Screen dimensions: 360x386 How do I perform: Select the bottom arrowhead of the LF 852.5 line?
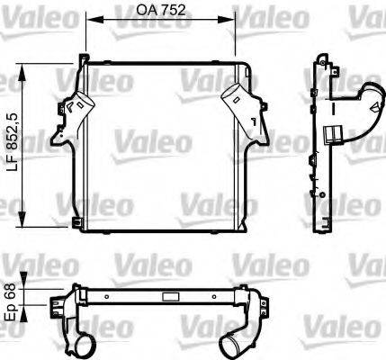pyautogui.click(x=24, y=227)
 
